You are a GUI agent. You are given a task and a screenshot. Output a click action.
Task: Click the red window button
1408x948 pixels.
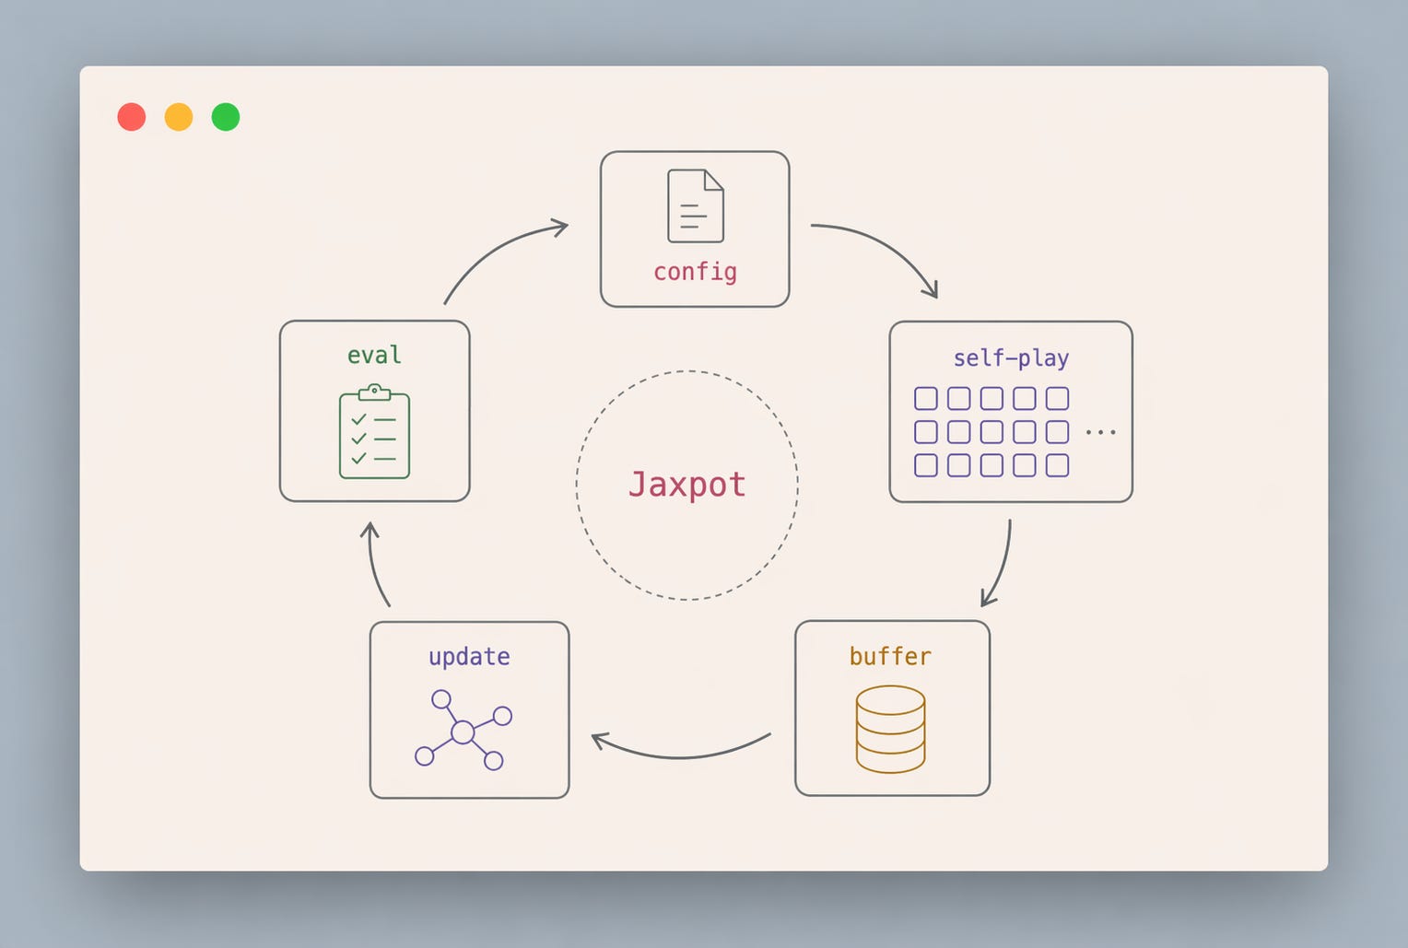[132, 117]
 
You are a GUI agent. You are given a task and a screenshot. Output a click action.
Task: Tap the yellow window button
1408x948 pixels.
[179, 117]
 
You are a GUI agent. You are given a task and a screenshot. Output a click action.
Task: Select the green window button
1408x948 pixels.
[226, 117]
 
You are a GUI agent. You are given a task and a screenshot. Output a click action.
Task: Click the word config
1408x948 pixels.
[695, 273]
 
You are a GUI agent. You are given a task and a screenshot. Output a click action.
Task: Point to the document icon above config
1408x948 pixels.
[695, 205]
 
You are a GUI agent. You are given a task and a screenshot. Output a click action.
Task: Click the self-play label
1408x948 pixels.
[1011, 358]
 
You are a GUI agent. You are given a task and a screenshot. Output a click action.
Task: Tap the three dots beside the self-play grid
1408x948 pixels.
[1100, 432]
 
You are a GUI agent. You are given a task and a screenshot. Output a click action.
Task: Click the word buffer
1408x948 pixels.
[890, 656]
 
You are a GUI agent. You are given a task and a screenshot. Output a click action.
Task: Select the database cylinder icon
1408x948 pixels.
[890, 730]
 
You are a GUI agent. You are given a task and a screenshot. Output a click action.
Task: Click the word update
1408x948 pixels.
[469, 657]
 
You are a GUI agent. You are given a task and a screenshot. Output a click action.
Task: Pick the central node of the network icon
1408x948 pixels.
[463, 732]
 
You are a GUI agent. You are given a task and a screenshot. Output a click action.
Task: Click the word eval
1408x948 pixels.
[374, 356]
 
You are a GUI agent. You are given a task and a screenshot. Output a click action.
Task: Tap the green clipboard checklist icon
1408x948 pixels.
[375, 432]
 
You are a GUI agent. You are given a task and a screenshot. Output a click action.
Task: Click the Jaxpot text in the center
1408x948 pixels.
[687, 485]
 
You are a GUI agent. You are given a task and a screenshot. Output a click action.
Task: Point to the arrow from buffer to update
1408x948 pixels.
[680, 757]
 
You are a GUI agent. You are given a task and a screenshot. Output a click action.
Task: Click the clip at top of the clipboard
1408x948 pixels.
[375, 392]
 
